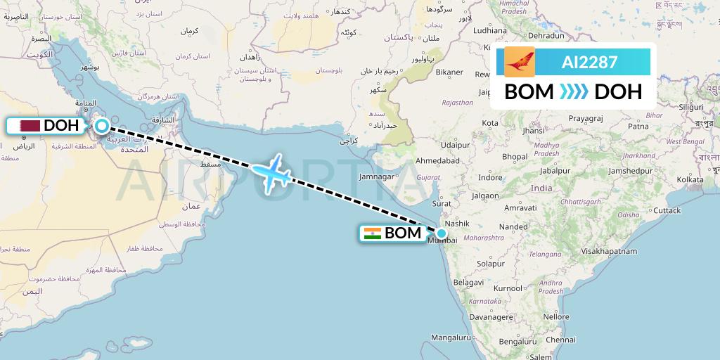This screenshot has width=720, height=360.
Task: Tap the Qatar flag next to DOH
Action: click(x=30, y=126)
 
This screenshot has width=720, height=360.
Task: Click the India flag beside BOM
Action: click(x=373, y=233)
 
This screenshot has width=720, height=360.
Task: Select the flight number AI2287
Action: click(x=589, y=63)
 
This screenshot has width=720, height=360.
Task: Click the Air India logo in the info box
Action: click(x=520, y=62)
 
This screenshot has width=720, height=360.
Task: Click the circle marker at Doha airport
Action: click(x=102, y=127)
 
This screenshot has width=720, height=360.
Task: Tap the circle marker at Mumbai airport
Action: click(x=442, y=233)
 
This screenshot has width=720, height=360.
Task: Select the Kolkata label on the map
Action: click(x=670, y=180)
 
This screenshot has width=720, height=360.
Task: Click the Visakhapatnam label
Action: click(x=608, y=251)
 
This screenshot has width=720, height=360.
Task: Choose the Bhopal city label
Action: click(x=515, y=156)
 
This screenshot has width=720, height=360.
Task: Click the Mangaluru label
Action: click(x=451, y=338)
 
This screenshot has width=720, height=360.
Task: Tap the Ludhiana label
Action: click(x=490, y=31)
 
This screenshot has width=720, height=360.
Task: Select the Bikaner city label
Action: click(x=449, y=72)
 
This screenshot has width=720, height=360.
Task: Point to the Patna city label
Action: click(x=638, y=127)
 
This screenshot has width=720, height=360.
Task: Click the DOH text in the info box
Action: click(x=618, y=92)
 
